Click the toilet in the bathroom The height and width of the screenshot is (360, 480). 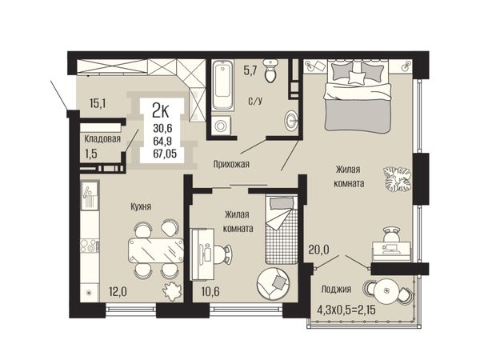coord(271,71)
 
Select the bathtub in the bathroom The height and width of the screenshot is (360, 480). coord(222,85)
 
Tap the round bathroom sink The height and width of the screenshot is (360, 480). coord(291,120)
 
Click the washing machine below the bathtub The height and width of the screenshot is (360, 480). coord(221,125)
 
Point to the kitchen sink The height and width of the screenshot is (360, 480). coord(90,194)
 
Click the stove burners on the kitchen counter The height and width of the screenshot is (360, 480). coord(90,246)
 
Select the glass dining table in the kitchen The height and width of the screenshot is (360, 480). coord(156,250)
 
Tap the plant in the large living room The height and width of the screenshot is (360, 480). coord(398,179)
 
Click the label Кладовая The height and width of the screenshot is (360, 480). coord(102,139)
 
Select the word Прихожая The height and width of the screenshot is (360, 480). coord(231,164)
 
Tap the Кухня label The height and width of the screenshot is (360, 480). coord(141,206)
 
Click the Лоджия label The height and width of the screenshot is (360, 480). coord(336,289)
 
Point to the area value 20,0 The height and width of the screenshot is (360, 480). coord(319,250)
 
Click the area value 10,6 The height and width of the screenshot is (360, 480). coord(210,291)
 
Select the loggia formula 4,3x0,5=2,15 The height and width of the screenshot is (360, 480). coord(346,310)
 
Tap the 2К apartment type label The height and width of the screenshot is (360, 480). coord(161,111)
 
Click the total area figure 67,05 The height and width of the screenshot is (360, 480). coord(165,154)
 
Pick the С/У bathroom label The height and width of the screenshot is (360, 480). coord(255,101)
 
